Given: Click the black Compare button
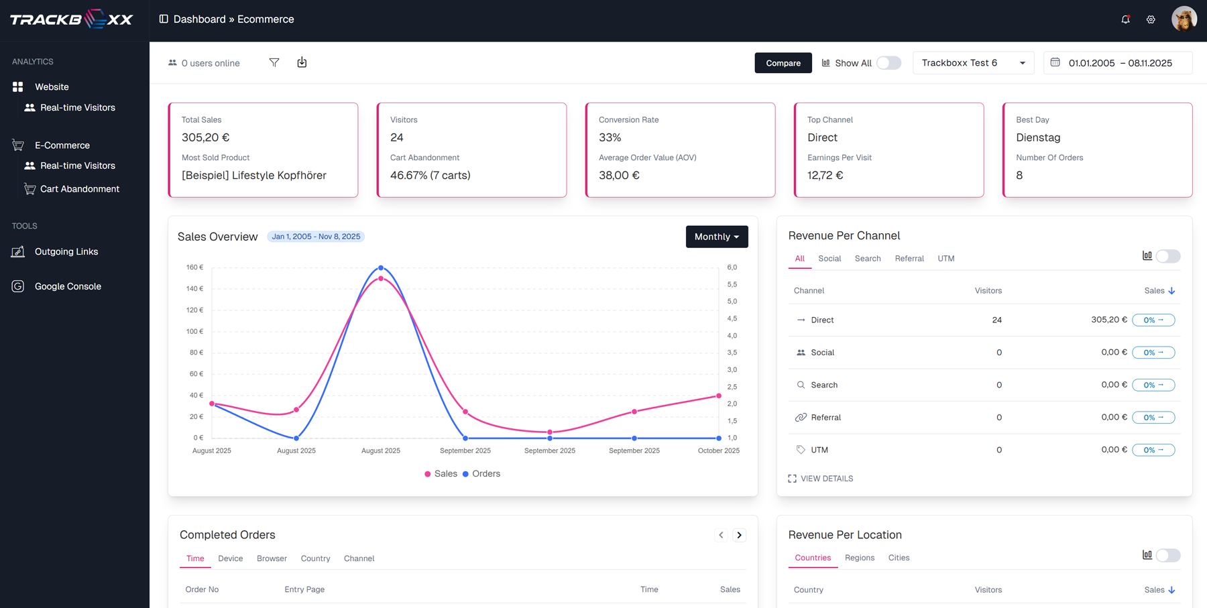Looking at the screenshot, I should tap(783, 63).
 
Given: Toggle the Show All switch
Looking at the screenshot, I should tap(888, 63).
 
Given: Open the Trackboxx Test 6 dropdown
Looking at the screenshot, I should tap(972, 63).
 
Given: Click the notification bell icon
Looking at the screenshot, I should tap(1125, 19).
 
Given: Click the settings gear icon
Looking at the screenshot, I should tap(1151, 19).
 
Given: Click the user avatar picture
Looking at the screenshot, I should tap(1184, 19).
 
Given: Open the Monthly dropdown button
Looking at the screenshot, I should tap(716, 237).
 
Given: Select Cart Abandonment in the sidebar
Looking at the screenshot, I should tap(79, 189).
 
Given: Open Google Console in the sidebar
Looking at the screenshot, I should tap(68, 286).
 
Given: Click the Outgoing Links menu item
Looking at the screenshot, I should tap(66, 251).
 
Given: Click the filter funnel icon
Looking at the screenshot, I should tap(274, 62).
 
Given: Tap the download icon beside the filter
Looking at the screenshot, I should tap(302, 62).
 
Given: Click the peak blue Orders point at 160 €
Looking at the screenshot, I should tap(381, 267).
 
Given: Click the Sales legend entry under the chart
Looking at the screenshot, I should tap(441, 474).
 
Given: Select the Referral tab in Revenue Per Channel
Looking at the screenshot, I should tap(909, 259).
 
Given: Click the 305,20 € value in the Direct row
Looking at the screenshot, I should tap(1108, 320).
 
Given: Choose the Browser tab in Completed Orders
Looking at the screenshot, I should tap(272, 558).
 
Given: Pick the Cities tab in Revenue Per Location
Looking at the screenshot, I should tap(899, 558).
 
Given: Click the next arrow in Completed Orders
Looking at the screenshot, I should tap(739, 535).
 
